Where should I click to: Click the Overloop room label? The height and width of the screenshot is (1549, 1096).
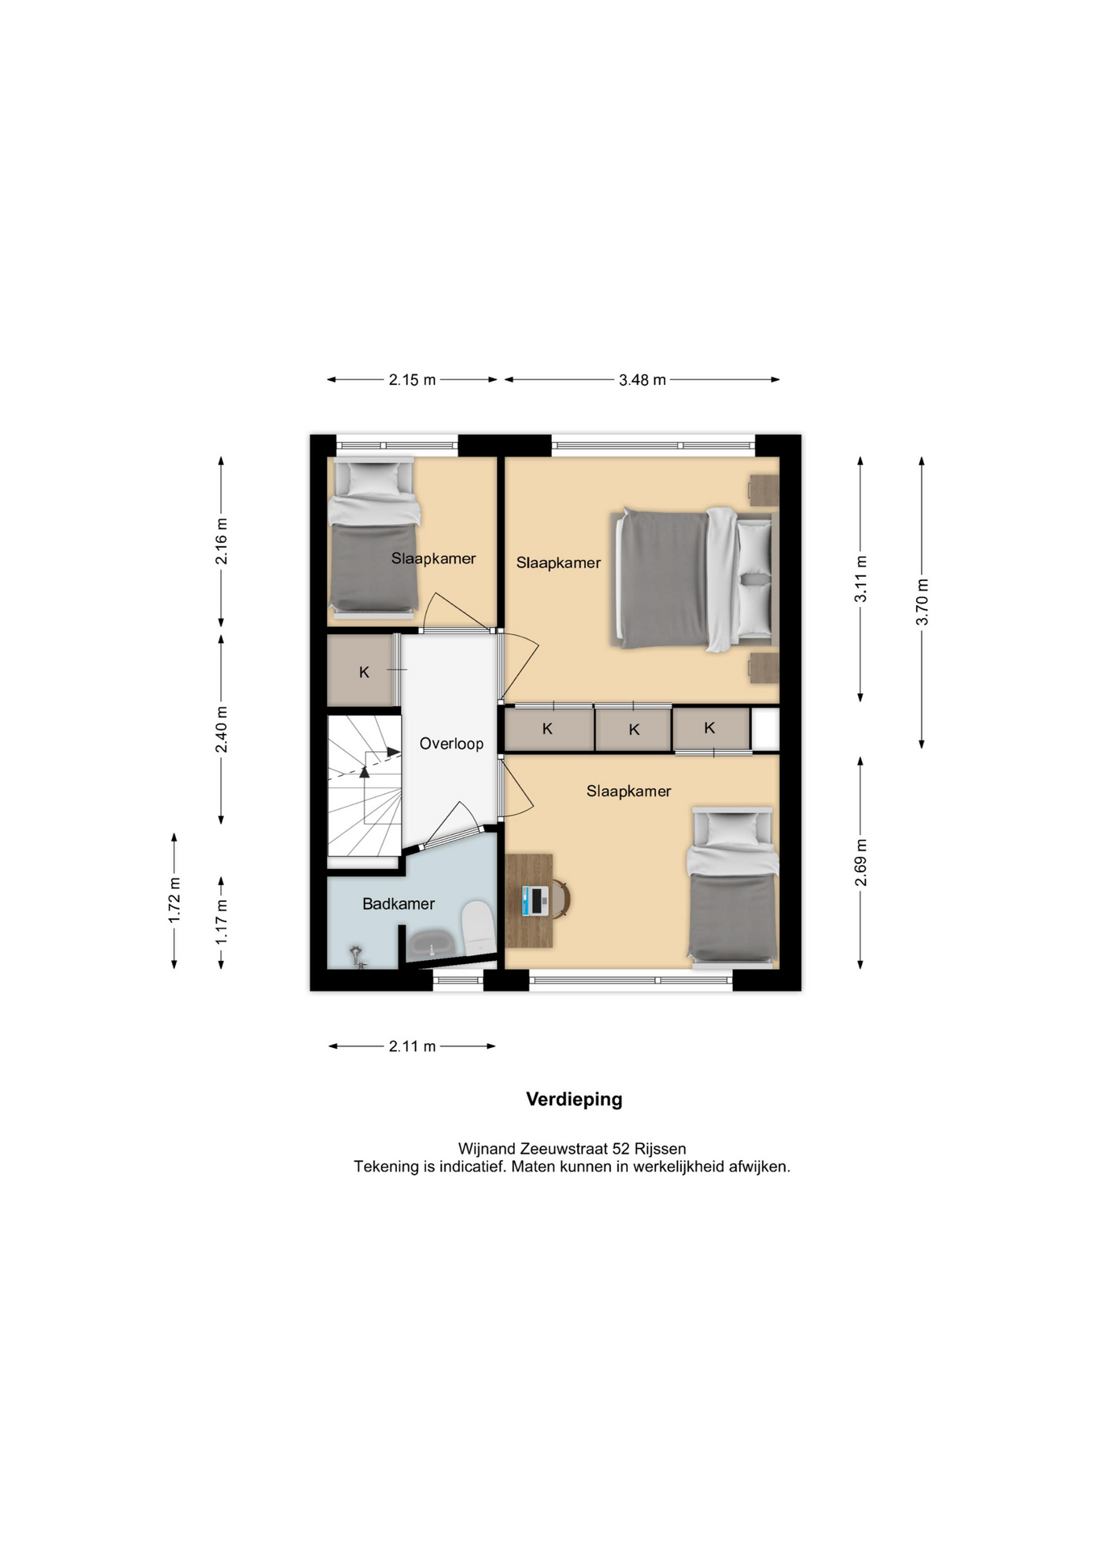click(451, 744)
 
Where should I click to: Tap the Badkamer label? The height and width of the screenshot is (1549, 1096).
click(399, 904)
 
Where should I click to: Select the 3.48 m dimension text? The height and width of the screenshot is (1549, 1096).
click(642, 380)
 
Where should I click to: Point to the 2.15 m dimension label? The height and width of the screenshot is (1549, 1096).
click(412, 380)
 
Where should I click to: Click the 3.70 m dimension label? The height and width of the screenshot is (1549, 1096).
click(922, 602)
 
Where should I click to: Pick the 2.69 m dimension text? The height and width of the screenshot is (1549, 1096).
click(861, 862)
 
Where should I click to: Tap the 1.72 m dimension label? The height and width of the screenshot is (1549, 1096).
click(174, 900)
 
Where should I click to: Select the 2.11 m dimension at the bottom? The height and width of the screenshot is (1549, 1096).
click(412, 1046)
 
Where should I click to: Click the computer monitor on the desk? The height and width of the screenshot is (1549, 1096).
click(533, 900)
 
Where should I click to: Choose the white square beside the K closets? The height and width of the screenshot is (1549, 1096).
click(765, 729)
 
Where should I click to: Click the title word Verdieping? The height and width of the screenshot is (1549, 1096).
click(575, 1100)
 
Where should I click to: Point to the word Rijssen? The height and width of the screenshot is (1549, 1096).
click(660, 1149)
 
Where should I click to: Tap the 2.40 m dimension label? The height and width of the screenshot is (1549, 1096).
click(222, 729)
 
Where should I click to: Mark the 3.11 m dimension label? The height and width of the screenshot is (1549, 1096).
click(861, 578)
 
